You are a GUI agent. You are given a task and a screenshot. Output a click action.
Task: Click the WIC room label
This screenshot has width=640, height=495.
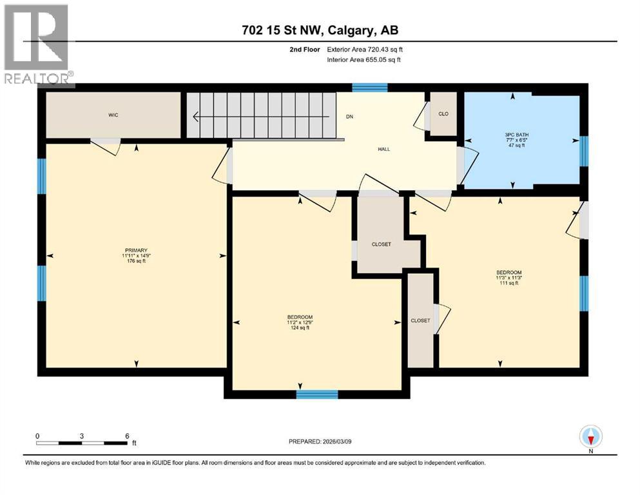tap(113, 115)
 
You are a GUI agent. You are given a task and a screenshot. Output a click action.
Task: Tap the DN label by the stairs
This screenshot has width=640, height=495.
tap(349, 117)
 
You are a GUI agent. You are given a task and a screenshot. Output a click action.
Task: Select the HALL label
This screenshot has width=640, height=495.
tap(383, 150)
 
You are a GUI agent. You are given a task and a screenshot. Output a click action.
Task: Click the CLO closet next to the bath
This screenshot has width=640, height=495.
tap(443, 115)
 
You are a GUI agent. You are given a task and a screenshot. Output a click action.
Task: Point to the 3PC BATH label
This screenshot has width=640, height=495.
tap(513, 135)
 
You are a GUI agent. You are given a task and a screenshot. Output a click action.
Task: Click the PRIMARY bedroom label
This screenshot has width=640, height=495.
tap(137, 250)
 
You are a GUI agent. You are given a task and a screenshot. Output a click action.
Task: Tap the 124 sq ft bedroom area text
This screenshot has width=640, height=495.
tap(300, 328)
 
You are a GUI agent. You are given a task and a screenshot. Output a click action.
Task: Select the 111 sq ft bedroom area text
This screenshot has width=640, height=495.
tap(509, 283)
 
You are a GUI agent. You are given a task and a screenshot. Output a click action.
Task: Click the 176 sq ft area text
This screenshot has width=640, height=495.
tap(137, 261)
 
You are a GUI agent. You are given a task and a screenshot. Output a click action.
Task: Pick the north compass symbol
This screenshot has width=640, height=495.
tap(590, 436)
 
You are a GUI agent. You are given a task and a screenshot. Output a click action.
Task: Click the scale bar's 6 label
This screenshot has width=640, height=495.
tap(126, 436)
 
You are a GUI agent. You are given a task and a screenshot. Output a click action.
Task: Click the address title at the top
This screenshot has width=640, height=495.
tap(320, 31)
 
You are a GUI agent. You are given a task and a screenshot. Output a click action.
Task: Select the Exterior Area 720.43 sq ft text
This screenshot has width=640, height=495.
tap(368, 49)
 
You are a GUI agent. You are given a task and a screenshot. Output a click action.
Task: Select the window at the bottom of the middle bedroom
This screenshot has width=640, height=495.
tap(317, 394)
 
